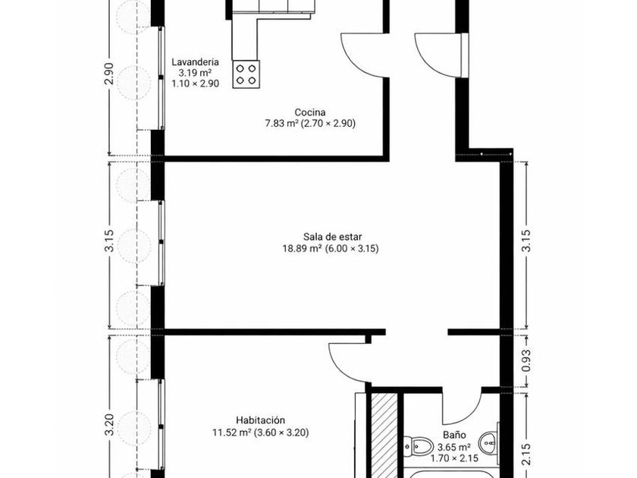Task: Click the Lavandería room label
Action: click(195, 62)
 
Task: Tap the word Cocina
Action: click(310, 112)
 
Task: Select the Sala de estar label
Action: click(332, 237)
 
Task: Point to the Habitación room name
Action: click(260, 420)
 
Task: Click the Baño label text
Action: click(454, 436)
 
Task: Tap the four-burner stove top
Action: click(246, 74)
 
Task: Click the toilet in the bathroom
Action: click(417, 447)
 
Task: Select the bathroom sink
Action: click(489, 442)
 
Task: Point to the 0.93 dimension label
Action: click(526, 360)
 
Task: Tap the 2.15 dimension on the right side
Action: click(526, 454)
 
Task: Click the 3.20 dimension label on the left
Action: click(110, 424)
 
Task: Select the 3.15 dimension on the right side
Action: click(526, 241)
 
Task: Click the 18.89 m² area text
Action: click(303, 248)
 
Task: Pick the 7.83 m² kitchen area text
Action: click(282, 123)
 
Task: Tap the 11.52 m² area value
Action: click(231, 432)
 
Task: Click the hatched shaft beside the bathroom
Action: click(384, 436)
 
